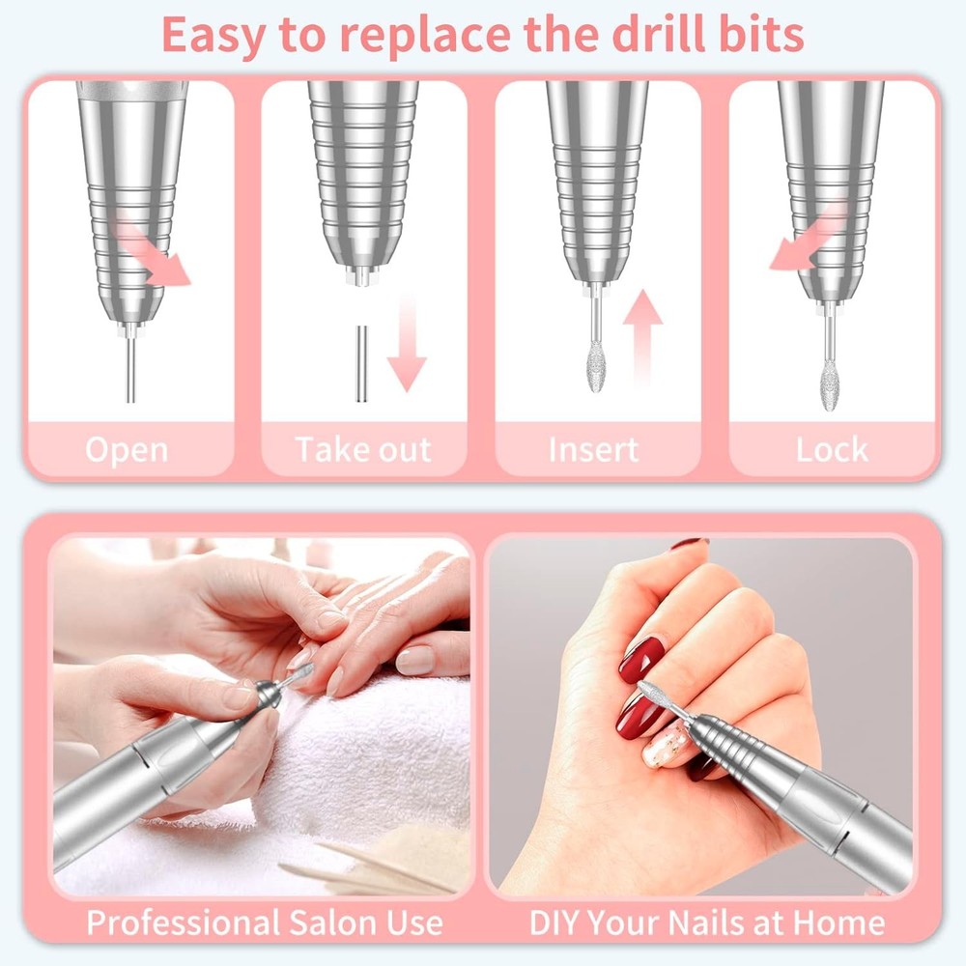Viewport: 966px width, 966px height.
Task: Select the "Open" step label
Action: tap(126, 450)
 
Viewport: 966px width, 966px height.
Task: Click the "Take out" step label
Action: tap(362, 450)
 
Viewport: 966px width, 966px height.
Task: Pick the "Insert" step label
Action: tap(593, 450)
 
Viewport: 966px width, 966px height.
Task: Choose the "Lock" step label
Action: tap(832, 450)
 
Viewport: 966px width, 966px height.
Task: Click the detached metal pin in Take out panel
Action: tap(360, 364)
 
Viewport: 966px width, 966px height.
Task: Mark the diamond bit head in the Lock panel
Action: tap(829, 385)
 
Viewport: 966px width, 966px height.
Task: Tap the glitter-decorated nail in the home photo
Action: tap(667, 747)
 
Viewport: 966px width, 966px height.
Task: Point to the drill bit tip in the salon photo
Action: tap(301, 671)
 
